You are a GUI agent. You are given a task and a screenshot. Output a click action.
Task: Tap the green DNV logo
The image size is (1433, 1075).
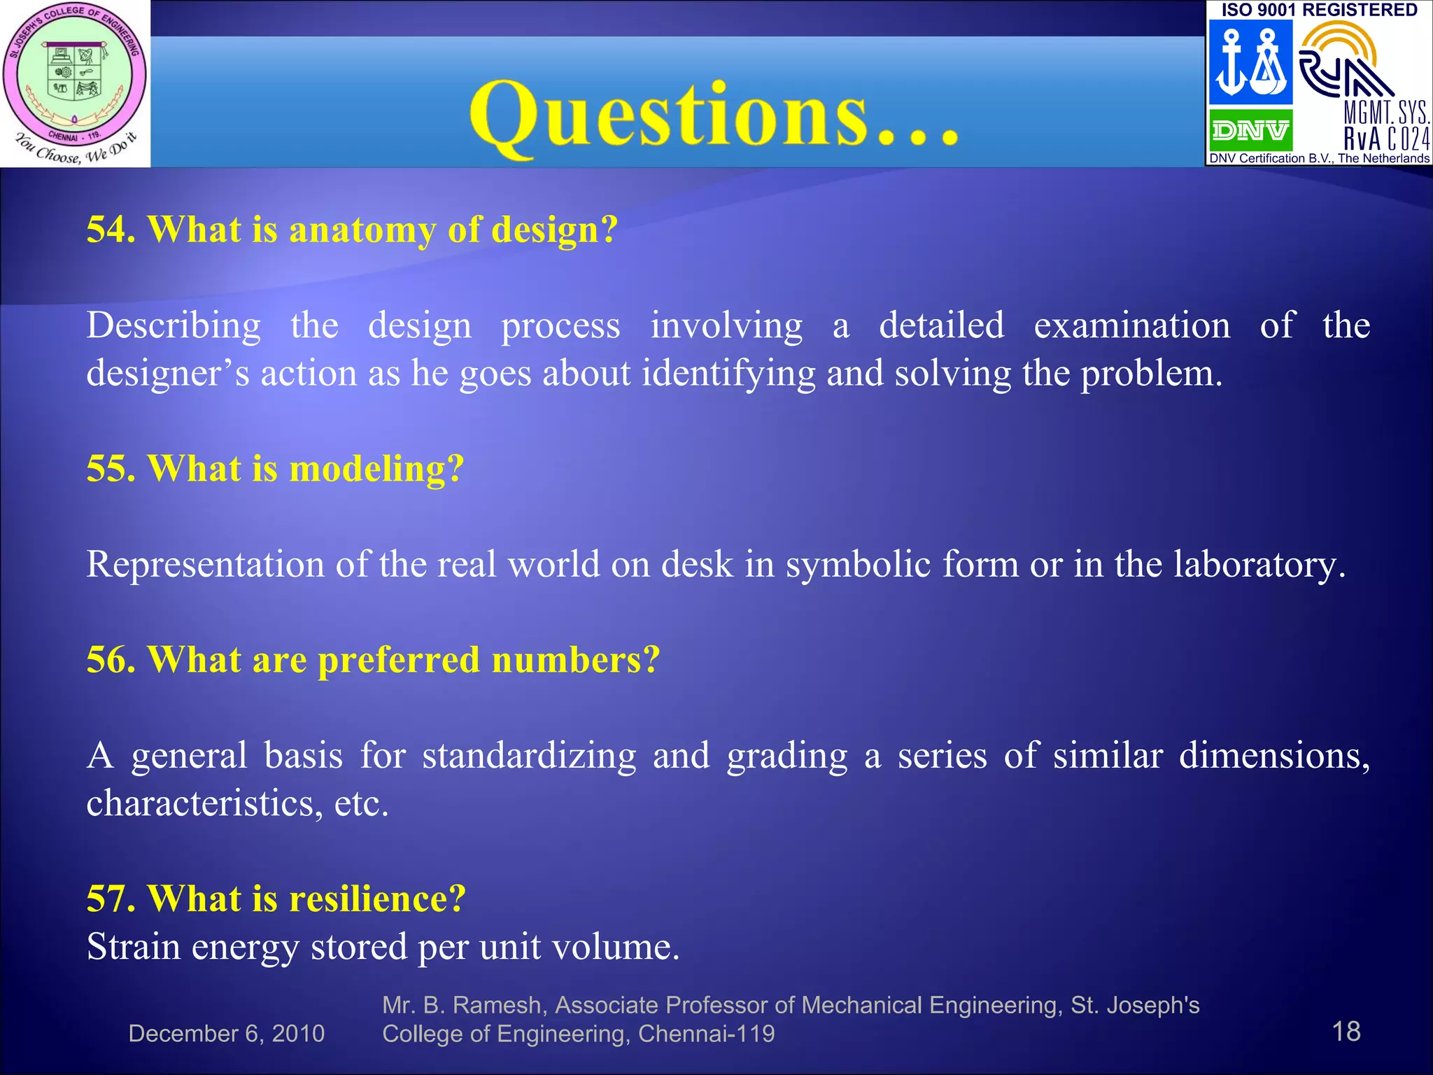click(1250, 130)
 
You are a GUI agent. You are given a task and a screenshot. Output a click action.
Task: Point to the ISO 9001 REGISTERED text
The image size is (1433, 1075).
click(1320, 10)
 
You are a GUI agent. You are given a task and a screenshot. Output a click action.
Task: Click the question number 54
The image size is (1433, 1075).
click(110, 230)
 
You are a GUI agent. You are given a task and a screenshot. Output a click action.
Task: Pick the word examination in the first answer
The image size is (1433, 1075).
click(1131, 326)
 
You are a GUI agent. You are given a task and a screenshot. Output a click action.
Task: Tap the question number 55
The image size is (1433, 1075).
click(110, 468)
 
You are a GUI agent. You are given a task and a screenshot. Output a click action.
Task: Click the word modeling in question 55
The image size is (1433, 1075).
click(376, 470)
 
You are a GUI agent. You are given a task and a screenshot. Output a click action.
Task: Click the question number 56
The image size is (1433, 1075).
click(110, 659)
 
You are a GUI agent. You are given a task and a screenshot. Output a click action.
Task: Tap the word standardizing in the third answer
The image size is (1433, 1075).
click(529, 757)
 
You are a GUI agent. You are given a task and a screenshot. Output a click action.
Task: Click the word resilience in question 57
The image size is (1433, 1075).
click(376, 899)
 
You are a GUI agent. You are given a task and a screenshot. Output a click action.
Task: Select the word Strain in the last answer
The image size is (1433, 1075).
click(133, 947)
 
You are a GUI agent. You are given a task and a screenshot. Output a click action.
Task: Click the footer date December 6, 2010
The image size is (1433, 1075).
click(226, 1034)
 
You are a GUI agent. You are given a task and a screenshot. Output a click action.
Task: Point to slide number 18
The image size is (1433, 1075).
click(1346, 1032)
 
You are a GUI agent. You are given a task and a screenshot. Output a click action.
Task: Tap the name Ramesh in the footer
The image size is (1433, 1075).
click(497, 1005)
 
